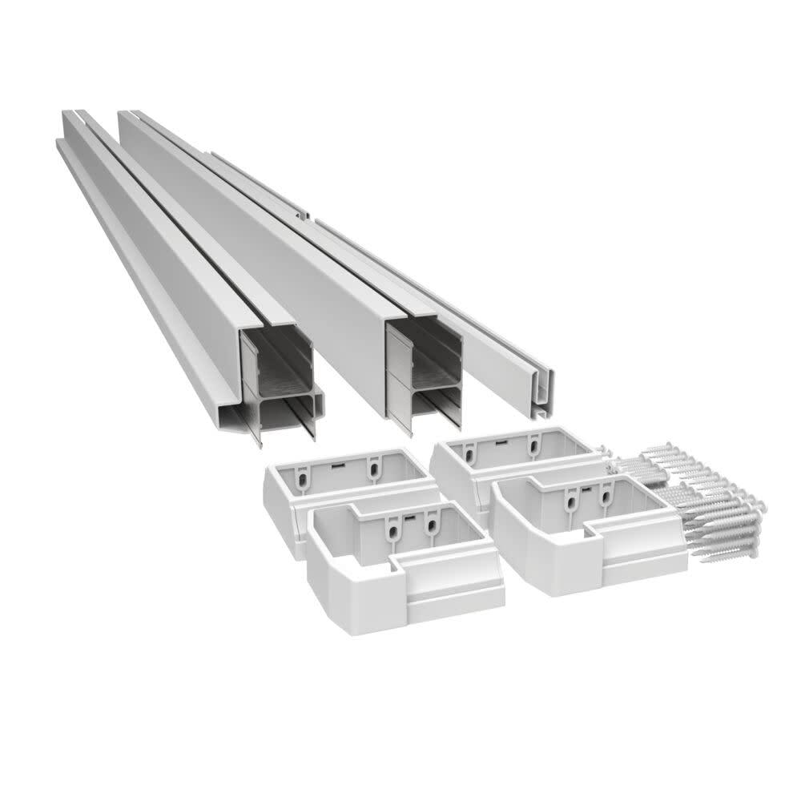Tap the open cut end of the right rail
[x=424, y=364]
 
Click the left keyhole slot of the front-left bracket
[x=392, y=529]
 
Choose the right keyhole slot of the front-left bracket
[x=433, y=525]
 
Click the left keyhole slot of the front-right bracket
[x=571, y=502]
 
